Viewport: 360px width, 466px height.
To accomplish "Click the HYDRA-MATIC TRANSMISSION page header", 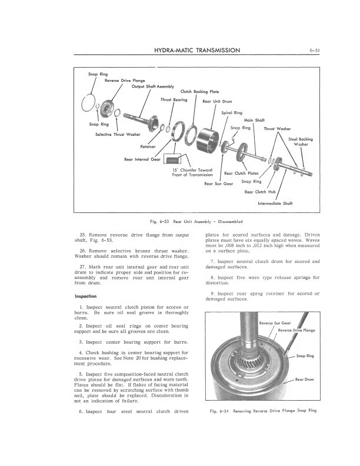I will [x=196, y=51].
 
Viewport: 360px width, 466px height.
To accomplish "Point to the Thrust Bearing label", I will [x=174, y=99].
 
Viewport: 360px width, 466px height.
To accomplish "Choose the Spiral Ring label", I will [x=231, y=112].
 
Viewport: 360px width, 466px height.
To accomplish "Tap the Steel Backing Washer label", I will [x=301, y=141].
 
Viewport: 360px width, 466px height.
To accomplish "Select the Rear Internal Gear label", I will [x=142, y=159].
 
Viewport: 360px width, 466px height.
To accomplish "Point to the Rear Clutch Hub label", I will [x=259, y=191].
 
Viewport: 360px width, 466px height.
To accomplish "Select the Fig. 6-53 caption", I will [x=180, y=221].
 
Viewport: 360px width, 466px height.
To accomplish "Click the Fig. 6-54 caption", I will [x=262, y=410].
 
